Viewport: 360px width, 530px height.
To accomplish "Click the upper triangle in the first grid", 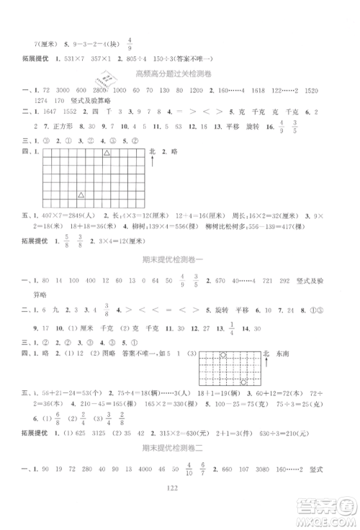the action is pyautogui.click(x=107, y=153).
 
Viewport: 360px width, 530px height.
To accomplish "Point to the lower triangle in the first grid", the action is pyautogui.click(x=81, y=194).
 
